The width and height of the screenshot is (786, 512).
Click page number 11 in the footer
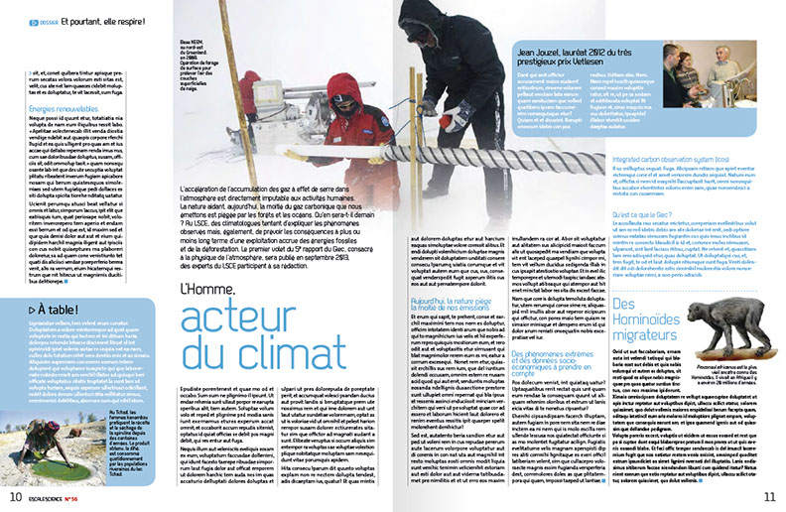768,495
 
